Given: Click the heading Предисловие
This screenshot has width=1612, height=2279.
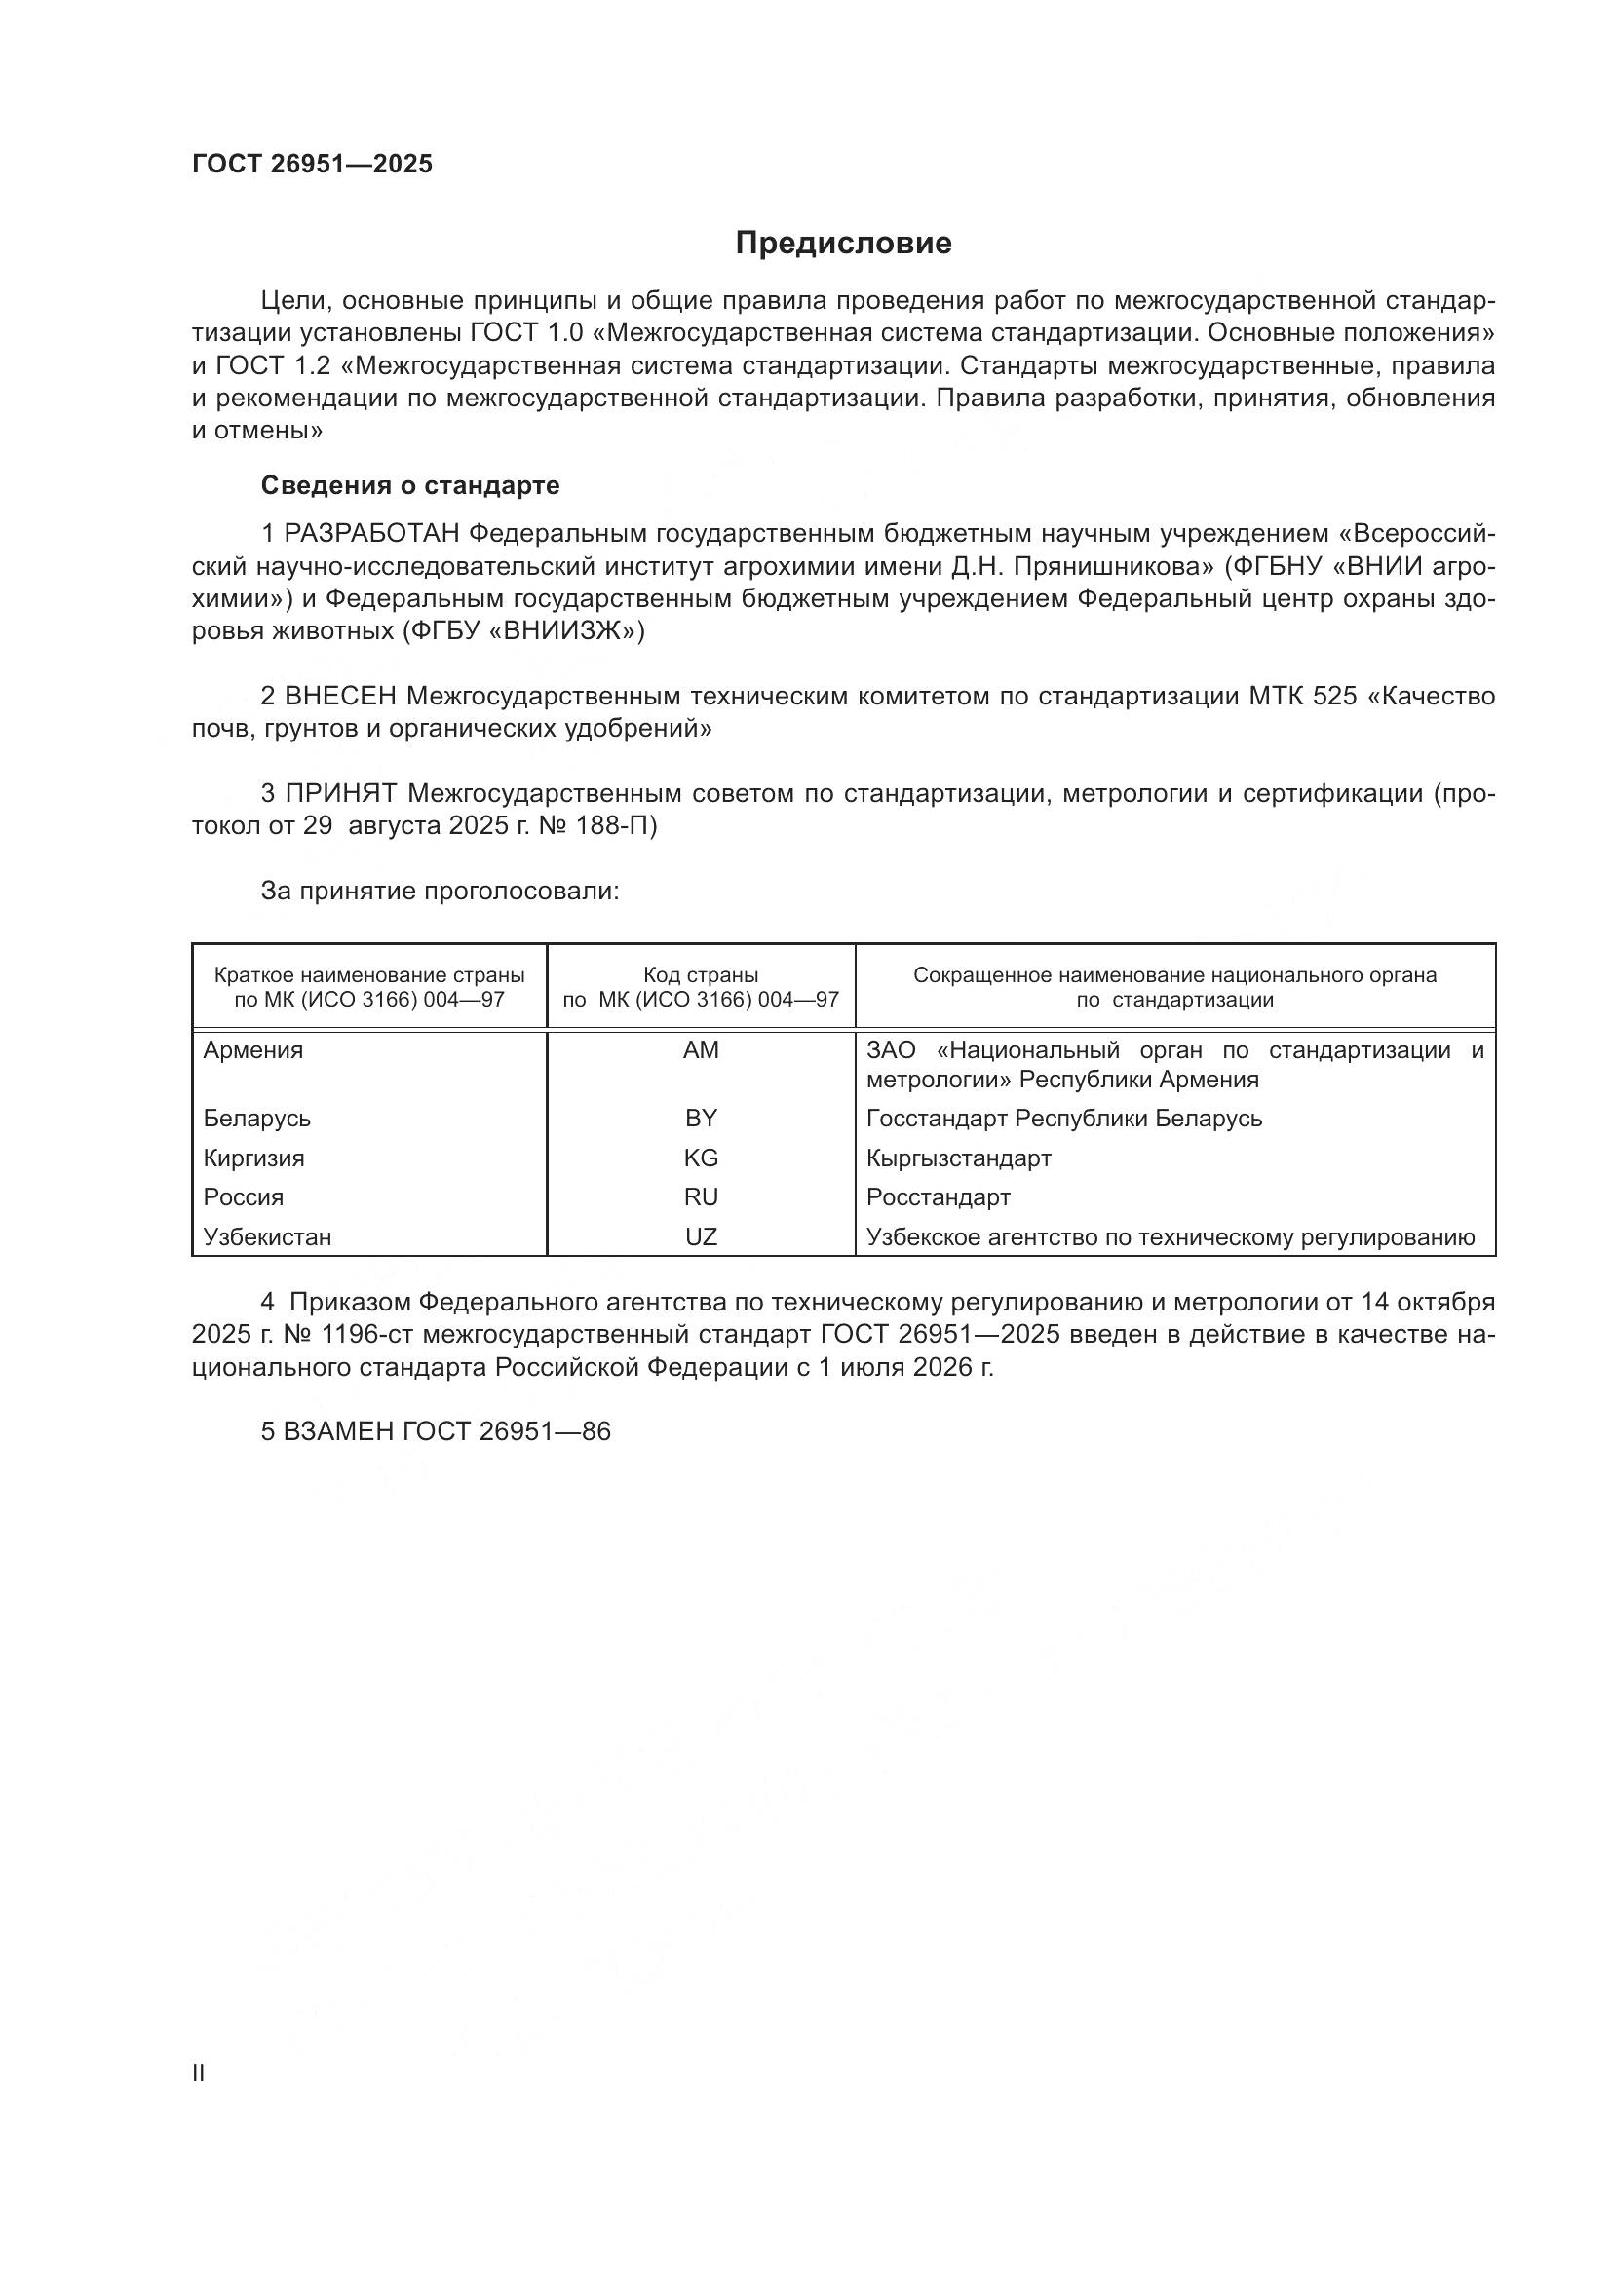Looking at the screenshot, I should [x=843, y=244].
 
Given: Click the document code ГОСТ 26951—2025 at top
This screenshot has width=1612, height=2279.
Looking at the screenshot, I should [x=312, y=164].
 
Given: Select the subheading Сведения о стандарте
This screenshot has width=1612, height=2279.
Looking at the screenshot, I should [x=409, y=485].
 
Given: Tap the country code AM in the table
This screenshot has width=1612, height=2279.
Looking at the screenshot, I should [x=701, y=1050].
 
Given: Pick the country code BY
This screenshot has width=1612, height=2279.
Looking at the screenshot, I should [x=701, y=1119].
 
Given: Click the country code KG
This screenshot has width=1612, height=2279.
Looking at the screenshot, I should [x=701, y=1158].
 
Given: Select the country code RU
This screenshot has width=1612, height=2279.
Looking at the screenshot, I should [x=701, y=1197].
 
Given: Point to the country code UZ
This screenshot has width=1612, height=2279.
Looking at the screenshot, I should [x=701, y=1236].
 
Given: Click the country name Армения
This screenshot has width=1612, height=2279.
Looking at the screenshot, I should [x=253, y=1050].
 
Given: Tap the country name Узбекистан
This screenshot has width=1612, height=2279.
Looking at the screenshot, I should [x=267, y=1236].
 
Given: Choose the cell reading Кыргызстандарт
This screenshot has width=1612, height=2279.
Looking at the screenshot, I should [x=958, y=1158].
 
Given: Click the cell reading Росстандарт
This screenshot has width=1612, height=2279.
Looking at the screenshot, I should [x=938, y=1197].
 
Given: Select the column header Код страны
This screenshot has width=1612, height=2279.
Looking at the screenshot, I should [x=701, y=975].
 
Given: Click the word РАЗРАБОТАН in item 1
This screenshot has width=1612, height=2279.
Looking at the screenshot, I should [x=371, y=534].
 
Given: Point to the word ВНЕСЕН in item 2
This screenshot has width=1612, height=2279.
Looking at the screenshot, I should [x=340, y=696].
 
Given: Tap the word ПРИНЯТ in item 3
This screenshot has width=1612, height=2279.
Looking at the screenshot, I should [x=340, y=793].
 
